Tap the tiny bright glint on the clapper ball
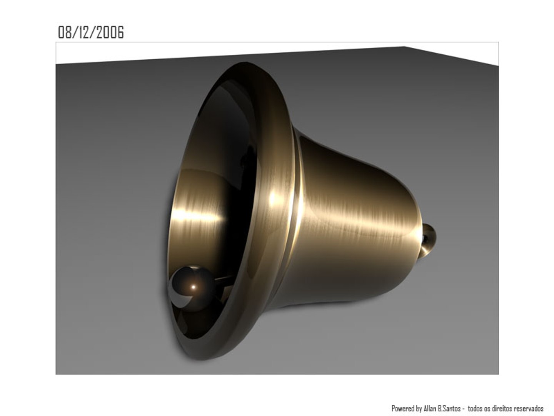(x=194, y=287)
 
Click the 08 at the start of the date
(x=65, y=32)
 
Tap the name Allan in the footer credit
(x=430, y=408)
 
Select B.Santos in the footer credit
(x=449, y=408)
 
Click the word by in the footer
(x=418, y=408)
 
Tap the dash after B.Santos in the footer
(x=464, y=409)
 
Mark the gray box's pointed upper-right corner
(x=404, y=47)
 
